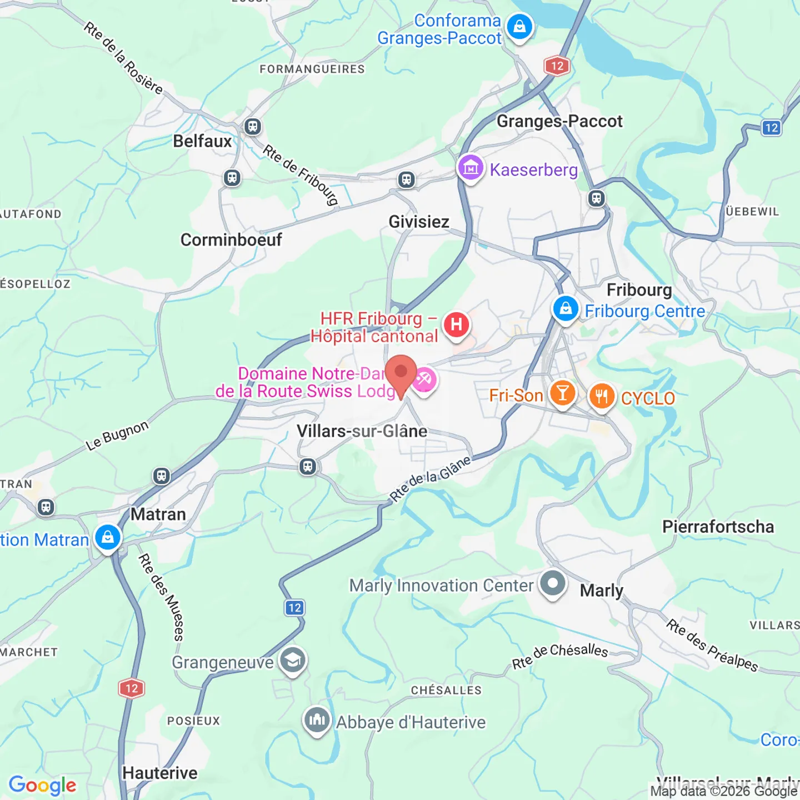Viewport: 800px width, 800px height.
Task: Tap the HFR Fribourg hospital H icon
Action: (456, 324)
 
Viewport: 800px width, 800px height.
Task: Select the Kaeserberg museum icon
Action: (471, 167)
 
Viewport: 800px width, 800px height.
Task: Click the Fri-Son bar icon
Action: (562, 393)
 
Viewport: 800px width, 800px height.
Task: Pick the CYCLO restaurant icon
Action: (601, 396)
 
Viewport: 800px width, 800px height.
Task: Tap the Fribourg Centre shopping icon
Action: (566, 308)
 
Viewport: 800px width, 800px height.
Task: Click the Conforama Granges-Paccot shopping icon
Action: (519, 27)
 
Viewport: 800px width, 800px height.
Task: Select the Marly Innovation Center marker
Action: (552, 584)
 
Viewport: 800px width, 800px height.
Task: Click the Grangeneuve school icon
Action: (292, 660)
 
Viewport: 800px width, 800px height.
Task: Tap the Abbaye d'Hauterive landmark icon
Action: (317, 720)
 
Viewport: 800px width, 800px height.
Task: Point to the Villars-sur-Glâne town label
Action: (362, 431)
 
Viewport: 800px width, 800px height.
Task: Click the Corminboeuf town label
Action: (231, 240)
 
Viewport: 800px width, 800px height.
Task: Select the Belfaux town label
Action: (202, 141)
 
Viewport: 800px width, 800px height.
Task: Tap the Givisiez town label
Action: (419, 222)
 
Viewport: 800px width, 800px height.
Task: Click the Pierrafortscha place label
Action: (718, 527)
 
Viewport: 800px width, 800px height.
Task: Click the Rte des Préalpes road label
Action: (712, 646)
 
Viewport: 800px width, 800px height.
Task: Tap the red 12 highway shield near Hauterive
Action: (132, 688)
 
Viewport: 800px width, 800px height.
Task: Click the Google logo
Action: (43, 785)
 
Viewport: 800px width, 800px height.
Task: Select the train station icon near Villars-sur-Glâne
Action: (308, 466)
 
